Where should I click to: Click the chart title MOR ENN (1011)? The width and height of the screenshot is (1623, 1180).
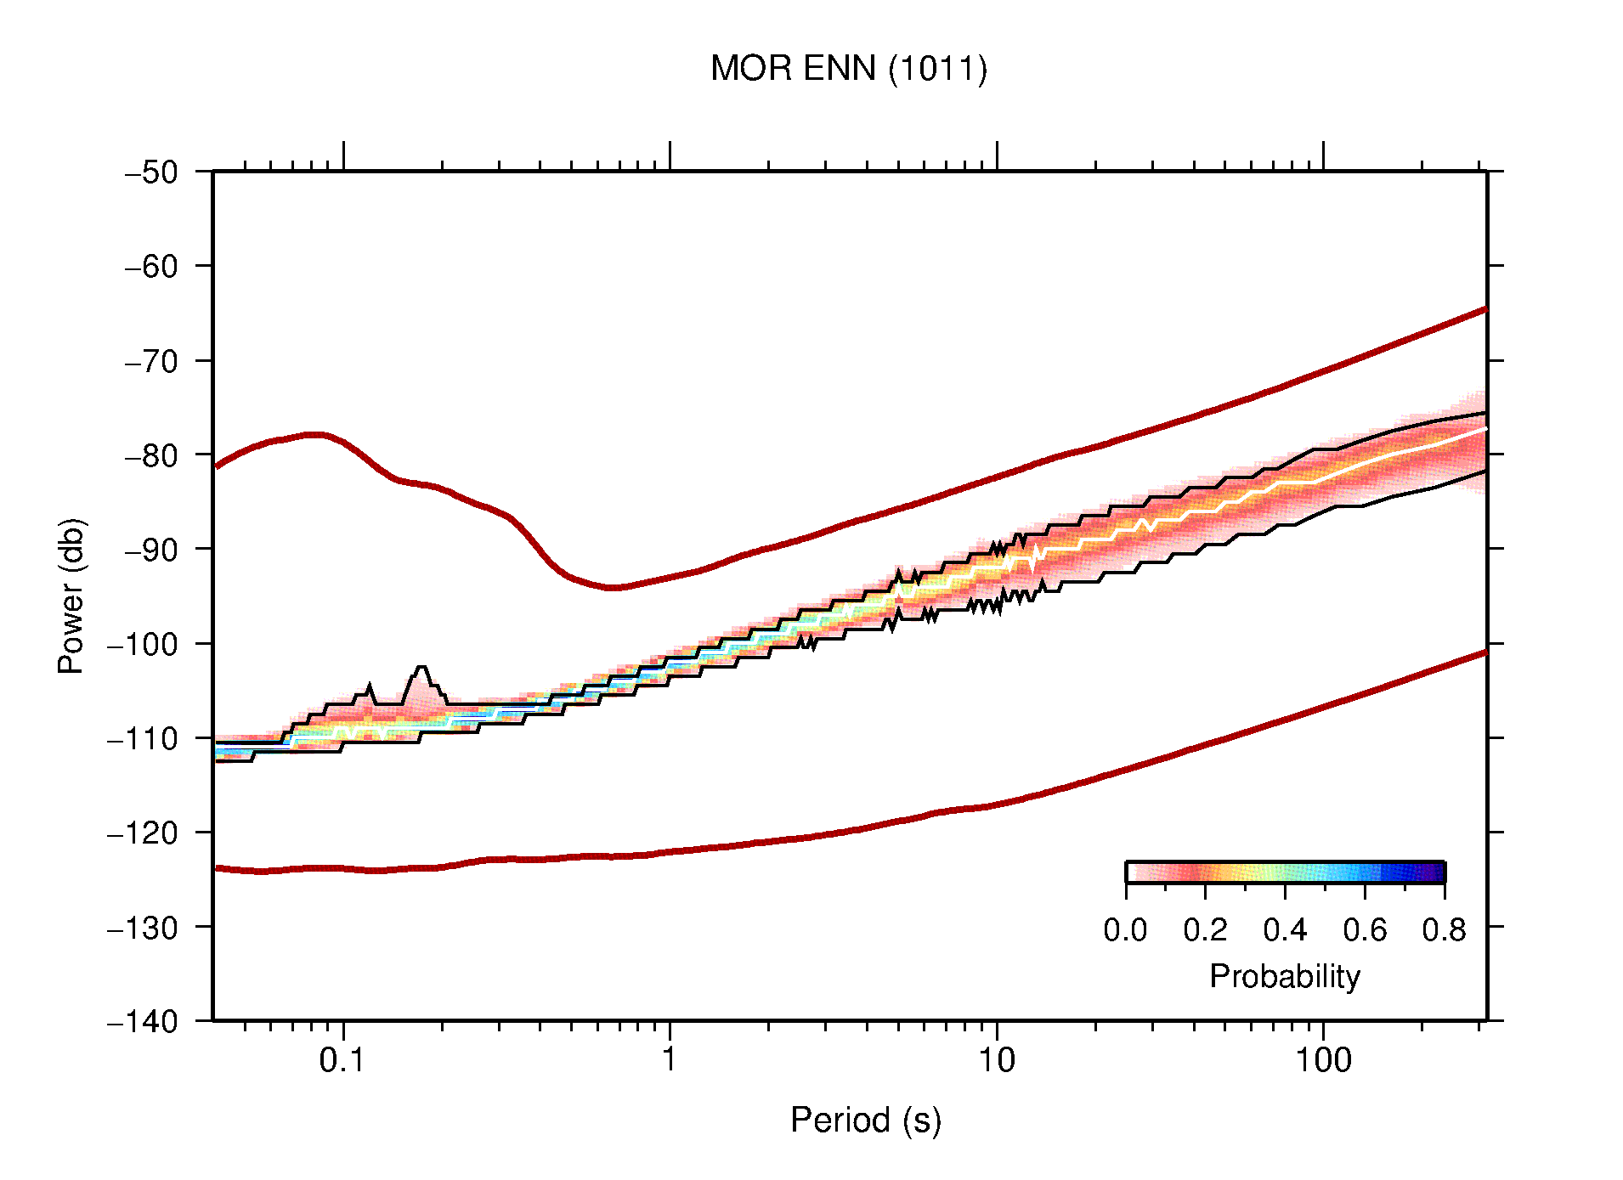point(848,69)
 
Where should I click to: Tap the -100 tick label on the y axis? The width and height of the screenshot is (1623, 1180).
point(143,644)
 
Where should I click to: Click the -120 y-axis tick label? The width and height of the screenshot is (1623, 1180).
point(143,833)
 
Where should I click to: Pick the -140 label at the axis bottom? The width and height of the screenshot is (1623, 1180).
point(143,1021)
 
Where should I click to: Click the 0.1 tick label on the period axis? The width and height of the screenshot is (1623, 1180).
point(342,1060)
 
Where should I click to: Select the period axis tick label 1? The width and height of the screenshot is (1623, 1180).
point(670,1060)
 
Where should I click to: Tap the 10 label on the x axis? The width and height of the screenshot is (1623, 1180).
point(996,1060)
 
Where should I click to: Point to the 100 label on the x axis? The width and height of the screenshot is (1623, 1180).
point(1322,1060)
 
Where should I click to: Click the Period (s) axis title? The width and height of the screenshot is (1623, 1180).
point(865,1120)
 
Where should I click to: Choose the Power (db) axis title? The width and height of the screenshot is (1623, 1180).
point(71,596)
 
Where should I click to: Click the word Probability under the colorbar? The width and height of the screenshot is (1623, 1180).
point(1284,976)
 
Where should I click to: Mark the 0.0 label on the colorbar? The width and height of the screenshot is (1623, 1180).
point(1125,930)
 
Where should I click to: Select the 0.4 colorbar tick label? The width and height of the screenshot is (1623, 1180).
point(1285,930)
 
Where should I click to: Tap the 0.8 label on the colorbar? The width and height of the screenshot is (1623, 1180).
point(1444,930)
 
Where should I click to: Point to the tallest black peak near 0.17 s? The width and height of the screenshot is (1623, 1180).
point(422,668)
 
